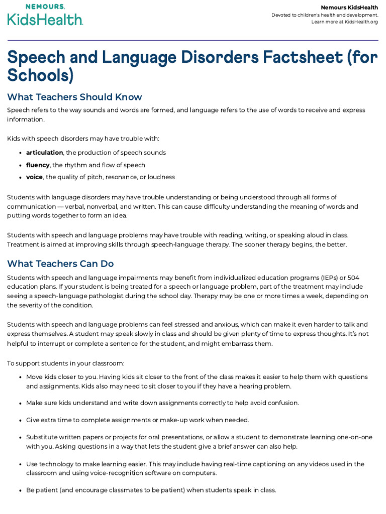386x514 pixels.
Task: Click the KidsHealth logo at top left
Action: coord(45,16)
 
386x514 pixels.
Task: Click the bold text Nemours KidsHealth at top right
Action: coord(349,8)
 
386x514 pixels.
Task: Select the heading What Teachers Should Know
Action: coord(74,97)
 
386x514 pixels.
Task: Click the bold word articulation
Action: coord(44,153)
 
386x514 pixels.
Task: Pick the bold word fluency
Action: coord(38,165)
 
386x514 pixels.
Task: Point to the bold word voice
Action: coord(34,177)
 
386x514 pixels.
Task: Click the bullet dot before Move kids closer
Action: coord(19,377)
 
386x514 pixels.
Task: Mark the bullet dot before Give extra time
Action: coord(19,420)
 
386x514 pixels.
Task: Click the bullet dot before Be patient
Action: coord(19,490)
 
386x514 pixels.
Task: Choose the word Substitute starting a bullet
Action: coord(42,437)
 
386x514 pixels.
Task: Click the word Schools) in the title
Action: coord(40,75)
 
